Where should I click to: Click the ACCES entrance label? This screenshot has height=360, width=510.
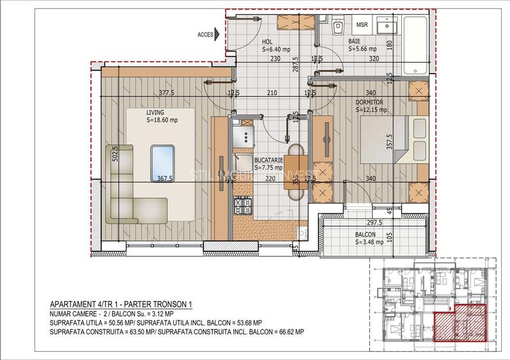(x=205, y=35)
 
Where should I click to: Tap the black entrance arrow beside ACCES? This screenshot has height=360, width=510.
(x=219, y=35)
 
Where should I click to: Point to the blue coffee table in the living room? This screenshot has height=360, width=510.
(x=163, y=162)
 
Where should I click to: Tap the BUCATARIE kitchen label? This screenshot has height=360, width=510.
(x=269, y=160)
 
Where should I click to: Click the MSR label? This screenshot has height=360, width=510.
(x=362, y=26)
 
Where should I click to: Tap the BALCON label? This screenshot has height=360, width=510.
(x=365, y=234)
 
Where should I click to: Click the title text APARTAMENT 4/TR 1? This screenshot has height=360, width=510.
(x=92, y=305)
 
